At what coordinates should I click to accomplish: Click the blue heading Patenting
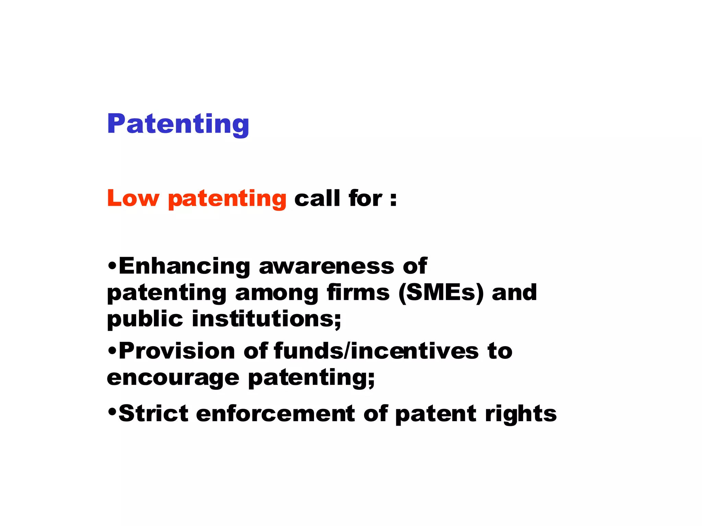point(178,125)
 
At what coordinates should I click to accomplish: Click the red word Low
point(133,198)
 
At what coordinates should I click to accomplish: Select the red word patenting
point(227,199)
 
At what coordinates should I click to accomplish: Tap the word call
point(317,198)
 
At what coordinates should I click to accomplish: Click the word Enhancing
point(184,266)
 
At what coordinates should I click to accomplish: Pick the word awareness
point(327,266)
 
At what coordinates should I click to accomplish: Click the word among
point(277,293)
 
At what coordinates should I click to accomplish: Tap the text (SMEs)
point(441,293)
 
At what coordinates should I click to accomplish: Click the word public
point(145,319)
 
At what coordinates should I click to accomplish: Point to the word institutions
point(266,319)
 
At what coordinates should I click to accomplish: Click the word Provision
point(177,351)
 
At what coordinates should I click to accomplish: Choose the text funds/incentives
point(376,351)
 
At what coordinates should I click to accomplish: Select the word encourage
point(173,378)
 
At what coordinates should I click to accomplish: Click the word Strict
point(153,414)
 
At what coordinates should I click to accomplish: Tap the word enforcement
point(276,414)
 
